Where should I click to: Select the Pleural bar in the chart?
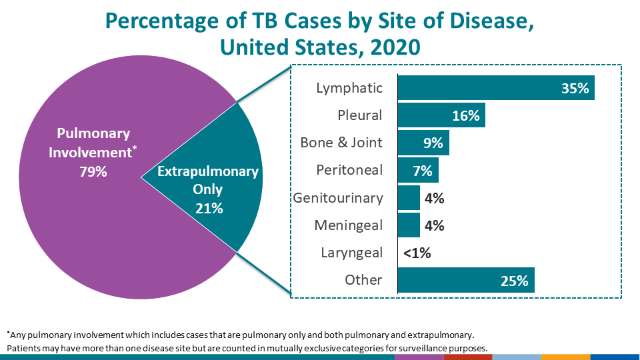433,115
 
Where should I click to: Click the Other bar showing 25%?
453,280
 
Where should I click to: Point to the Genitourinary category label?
338,198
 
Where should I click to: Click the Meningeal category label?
349,225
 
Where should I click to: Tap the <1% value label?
417,253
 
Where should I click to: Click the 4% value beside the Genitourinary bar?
434,198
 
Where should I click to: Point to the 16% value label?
466,115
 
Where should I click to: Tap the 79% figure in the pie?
93,172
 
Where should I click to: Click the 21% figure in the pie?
209,208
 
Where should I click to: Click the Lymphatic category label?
350,88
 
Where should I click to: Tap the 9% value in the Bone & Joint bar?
432,143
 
